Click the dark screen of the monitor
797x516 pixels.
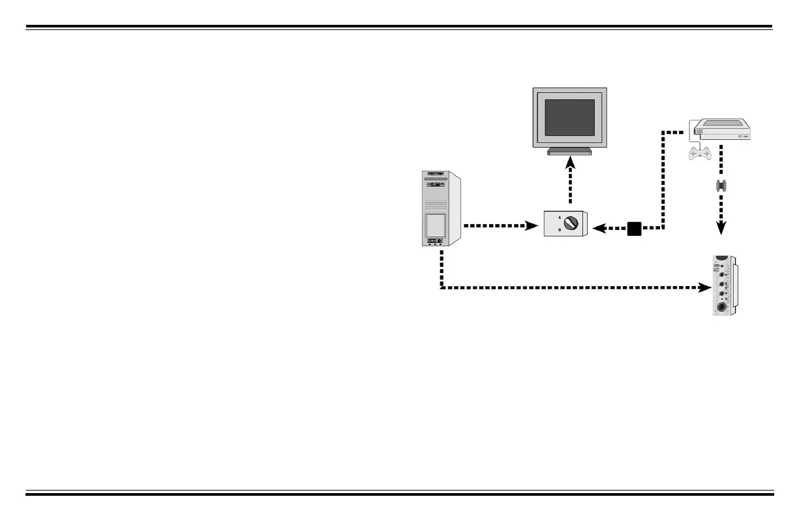click(569, 118)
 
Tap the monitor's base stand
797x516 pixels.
click(569, 152)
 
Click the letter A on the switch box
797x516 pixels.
click(559, 217)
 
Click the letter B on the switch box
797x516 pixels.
click(559, 230)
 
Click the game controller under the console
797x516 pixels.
click(700, 153)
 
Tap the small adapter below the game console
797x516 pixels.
click(721, 185)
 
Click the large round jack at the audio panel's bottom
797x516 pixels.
click(721, 307)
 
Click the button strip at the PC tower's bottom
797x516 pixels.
click(436, 241)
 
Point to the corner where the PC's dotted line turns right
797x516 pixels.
click(442, 287)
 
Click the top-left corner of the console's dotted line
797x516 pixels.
click(663, 133)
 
